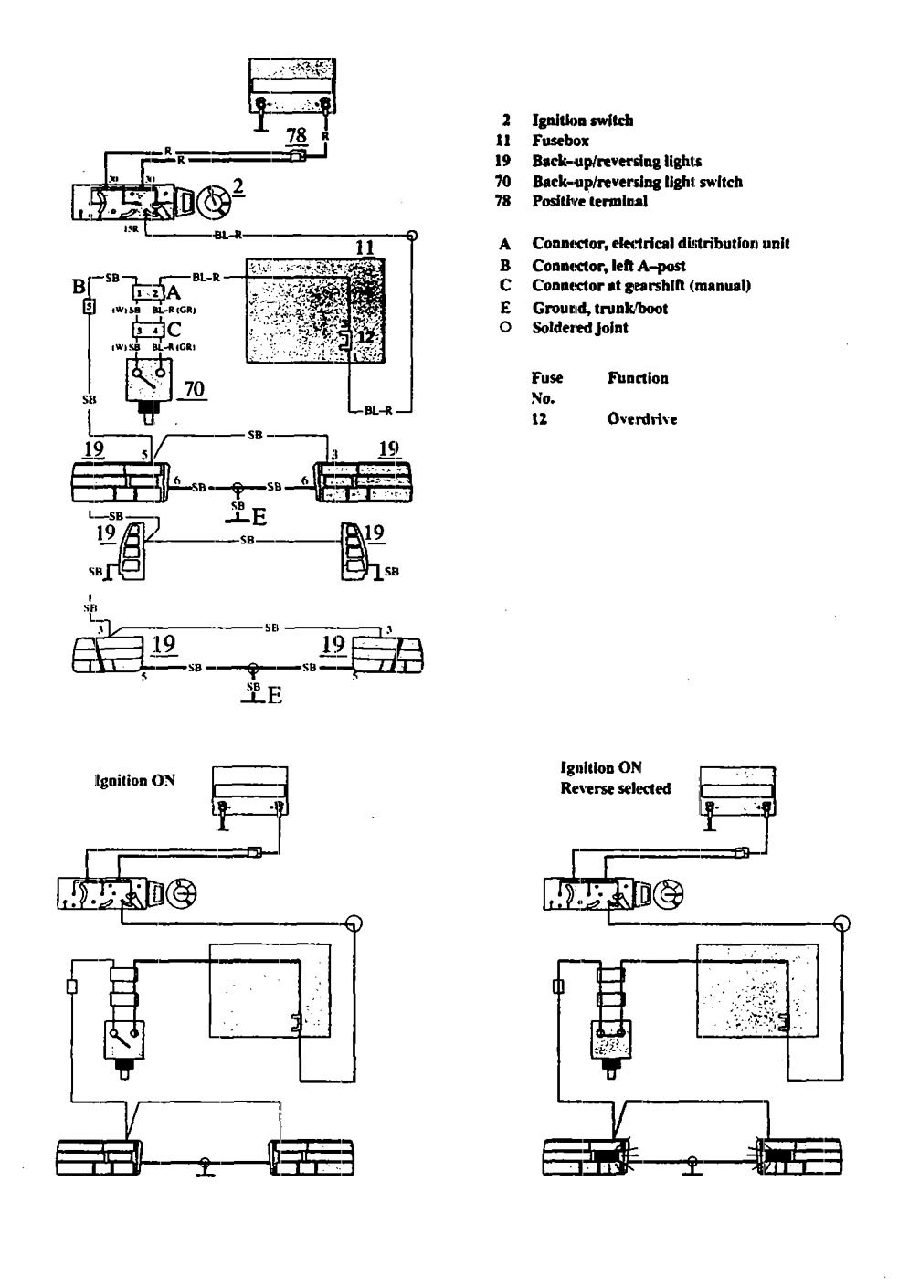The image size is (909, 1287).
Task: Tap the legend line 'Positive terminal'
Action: [x=589, y=201]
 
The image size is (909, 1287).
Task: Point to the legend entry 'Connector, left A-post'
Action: [x=608, y=266]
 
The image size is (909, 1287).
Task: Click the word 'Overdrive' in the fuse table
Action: [x=641, y=419]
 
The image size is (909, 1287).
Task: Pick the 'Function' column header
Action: [x=638, y=377]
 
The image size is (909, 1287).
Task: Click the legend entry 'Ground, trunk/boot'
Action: [x=599, y=308]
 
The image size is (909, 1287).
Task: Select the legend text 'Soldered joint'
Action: [x=580, y=328]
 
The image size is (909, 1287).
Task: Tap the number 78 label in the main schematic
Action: [x=296, y=135]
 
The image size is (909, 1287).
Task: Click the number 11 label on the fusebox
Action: [x=365, y=248]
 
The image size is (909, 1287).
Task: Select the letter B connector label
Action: [x=79, y=287]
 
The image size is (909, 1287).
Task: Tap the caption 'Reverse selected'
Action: [x=615, y=788]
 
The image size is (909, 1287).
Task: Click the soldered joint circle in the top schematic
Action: [x=413, y=236]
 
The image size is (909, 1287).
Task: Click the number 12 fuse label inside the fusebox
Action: [x=364, y=335]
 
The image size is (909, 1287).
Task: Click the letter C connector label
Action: [x=175, y=331]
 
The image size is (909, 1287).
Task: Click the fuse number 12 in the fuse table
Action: [x=541, y=419]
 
